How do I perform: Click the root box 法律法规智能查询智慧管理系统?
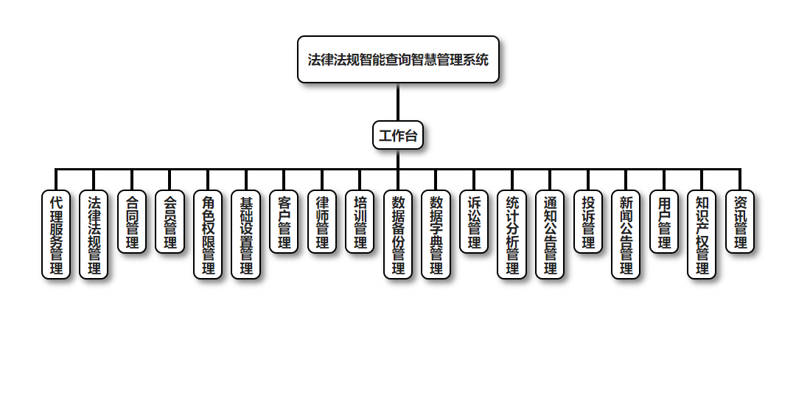(x=398, y=60)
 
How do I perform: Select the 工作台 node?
(x=398, y=135)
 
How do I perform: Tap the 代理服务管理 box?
(x=56, y=235)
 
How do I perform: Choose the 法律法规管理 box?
(x=94, y=235)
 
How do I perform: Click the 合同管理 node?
(x=132, y=222)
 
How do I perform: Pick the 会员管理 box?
(x=170, y=222)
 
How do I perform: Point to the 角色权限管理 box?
(x=208, y=235)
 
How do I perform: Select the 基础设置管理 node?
(x=246, y=235)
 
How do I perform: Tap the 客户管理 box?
(x=284, y=222)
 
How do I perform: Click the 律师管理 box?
(x=322, y=222)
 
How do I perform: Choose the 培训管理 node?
(x=360, y=222)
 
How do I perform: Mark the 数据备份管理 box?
(x=398, y=235)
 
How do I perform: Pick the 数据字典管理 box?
(x=436, y=235)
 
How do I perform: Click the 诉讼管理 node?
(x=474, y=222)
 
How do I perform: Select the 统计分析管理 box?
(x=512, y=235)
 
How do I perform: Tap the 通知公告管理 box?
(x=550, y=235)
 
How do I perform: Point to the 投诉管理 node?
(x=588, y=222)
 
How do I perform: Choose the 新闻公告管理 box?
(x=626, y=235)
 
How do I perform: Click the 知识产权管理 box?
(x=702, y=235)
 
